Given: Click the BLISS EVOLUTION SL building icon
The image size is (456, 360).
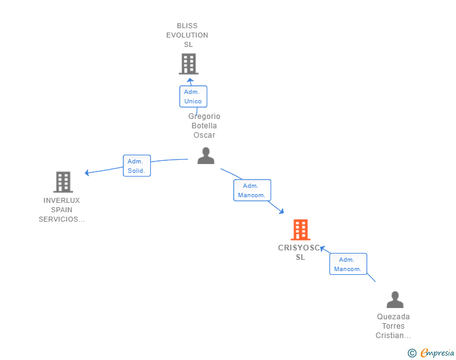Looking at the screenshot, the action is pyautogui.click(x=189, y=64).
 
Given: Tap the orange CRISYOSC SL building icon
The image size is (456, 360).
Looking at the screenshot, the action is pyautogui.click(x=301, y=229).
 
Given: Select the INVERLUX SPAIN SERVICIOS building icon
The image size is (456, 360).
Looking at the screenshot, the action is pyautogui.click(x=63, y=182).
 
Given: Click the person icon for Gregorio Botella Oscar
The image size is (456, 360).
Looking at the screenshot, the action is pyautogui.click(x=206, y=155).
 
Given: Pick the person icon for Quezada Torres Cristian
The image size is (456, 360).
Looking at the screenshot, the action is pyautogui.click(x=395, y=299).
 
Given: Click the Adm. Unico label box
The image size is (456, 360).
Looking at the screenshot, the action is pyautogui.click(x=193, y=96).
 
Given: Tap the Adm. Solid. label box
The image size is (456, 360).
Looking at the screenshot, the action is pyautogui.click(x=137, y=165).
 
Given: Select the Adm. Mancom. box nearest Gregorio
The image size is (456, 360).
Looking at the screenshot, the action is pyautogui.click(x=252, y=190).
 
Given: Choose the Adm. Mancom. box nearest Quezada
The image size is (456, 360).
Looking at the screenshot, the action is pyautogui.click(x=348, y=264).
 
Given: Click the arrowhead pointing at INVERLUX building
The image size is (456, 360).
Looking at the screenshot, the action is pyautogui.click(x=86, y=173).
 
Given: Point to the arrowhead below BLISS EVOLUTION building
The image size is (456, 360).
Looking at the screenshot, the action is pyautogui.click(x=190, y=80).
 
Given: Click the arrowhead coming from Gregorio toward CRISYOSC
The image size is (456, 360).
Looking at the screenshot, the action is pyautogui.click(x=281, y=212).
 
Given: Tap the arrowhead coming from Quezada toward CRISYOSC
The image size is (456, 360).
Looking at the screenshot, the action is pyautogui.click(x=322, y=248).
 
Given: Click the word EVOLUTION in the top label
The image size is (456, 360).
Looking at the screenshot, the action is pyautogui.click(x=187, y=35).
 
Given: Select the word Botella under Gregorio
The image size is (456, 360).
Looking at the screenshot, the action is pyautogui.click(x=204, y=126).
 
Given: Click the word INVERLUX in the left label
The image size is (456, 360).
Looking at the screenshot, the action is pyautogui.click(x=61, y=200).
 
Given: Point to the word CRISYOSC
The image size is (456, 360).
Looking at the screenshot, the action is pyautogui.click(x=299, y=248).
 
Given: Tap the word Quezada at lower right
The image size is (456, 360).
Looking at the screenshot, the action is pyautogui.click(x=393, y=316).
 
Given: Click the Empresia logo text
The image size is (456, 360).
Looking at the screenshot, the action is pyautogui.click(x=437, y=353).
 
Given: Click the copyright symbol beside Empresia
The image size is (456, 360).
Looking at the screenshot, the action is pyautogui.click(x=412, y=353).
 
